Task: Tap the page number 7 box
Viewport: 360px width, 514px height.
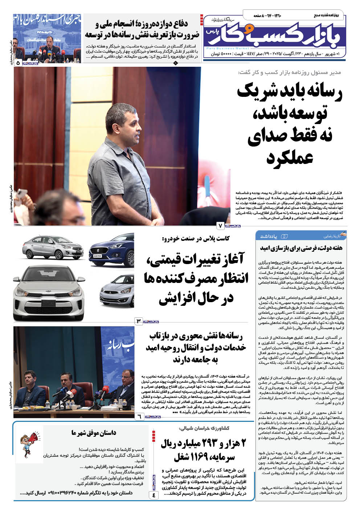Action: click(220, 226)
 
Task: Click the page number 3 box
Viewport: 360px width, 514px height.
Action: click(139, 321)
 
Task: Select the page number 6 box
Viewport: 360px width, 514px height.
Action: click(139, 416)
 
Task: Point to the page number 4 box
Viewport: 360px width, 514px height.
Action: click(154, 495)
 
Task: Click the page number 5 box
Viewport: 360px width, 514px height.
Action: click(18, 62)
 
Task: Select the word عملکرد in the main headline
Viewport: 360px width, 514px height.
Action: click(290, 158)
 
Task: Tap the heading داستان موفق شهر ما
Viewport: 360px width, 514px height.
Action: click(94, 433)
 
